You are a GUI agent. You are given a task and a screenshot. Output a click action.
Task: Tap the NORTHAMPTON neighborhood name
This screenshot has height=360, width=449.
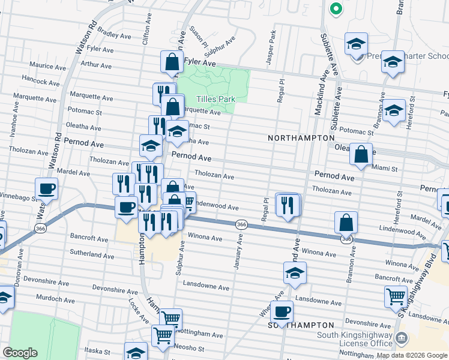click(x=301, y=138)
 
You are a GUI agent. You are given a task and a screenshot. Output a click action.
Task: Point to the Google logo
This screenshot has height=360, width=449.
click(x=20, y=353)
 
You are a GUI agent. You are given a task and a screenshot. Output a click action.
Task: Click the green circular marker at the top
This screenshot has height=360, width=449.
click(x=336, y=9)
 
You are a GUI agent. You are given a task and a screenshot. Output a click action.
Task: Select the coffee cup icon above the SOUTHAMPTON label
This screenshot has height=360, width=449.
click(x=282, y=312)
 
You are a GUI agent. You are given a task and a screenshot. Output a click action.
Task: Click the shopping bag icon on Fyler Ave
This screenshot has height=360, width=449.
click(x=172, y=62)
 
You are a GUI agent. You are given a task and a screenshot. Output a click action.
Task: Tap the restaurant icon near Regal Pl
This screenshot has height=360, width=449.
click(x=288, y=205)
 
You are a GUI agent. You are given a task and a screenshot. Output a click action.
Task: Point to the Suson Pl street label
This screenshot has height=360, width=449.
click(x=199, y=37)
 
